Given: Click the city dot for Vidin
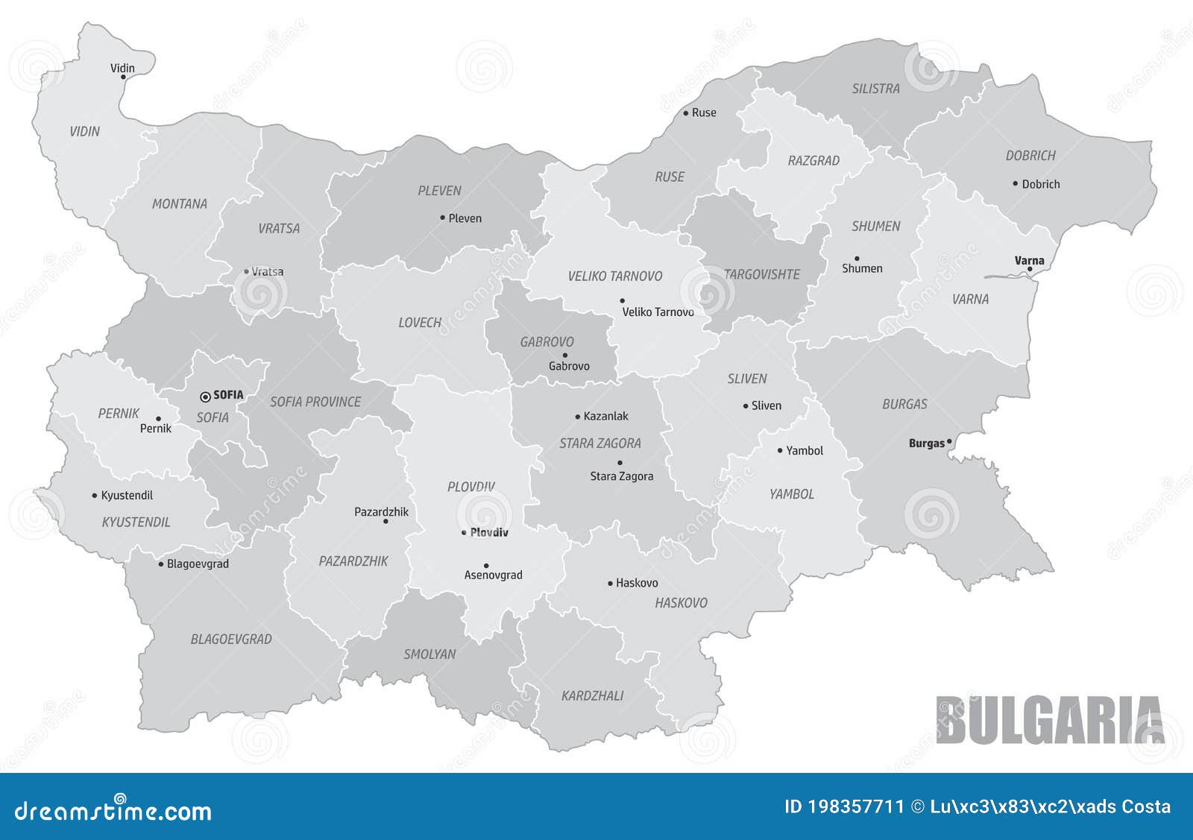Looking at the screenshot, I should pos(123,77).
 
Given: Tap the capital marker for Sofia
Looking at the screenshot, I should pos(205,397).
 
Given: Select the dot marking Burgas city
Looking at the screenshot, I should pos(949,441).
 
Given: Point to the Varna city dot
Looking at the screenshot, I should pos(1030,269).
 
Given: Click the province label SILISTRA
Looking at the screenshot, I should pos(875,89).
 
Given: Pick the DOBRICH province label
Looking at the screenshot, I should pos(1030,156).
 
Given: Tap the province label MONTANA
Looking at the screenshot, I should pos(179,203).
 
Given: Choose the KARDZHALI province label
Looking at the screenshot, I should pos(592,695).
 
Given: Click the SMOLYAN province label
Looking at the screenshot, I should pos(429,654).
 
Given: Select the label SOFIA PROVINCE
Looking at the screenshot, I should pos(315,402).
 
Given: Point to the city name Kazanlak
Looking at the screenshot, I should pos(605,416).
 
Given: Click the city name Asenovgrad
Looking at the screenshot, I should pos(493,575).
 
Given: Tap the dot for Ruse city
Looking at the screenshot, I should pos(686,113).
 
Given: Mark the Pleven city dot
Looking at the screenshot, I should pos(442,218).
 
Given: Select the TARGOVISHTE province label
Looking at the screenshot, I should pos(762,274).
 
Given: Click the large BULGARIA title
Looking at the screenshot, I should pos(1049,720).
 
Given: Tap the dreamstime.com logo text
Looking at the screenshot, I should pos(113,811).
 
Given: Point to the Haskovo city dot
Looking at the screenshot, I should pos(610,583).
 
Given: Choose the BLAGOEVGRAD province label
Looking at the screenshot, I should pos(231,639).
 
